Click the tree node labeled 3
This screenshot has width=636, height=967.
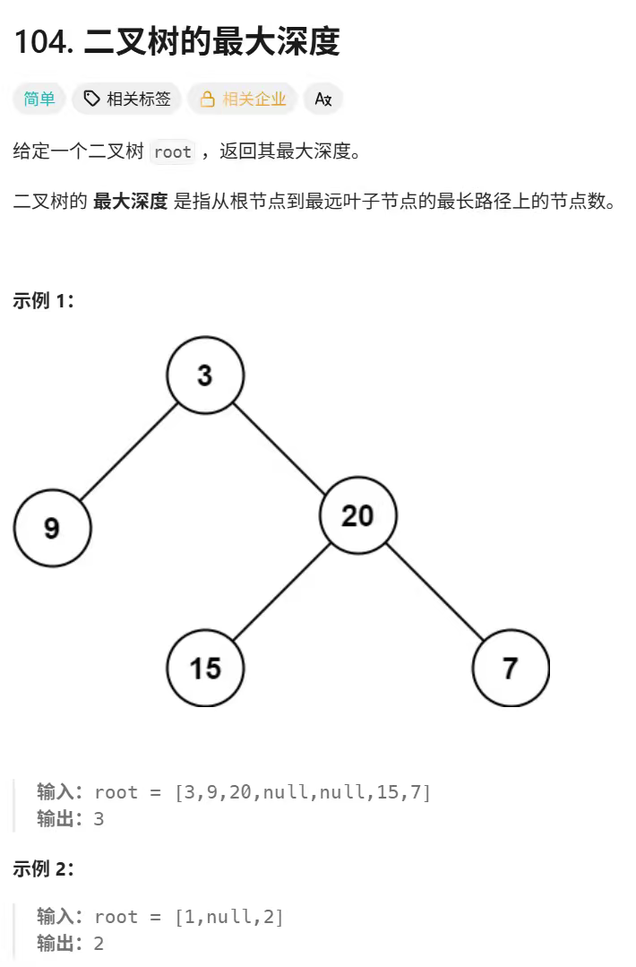click(205, 375)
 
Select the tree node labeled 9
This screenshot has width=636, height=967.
click(52, 528)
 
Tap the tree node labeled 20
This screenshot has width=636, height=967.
click(357, 515)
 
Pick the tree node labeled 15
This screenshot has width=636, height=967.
click(205, 668)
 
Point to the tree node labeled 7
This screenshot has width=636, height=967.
click(511, 668)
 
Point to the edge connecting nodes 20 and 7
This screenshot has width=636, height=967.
click(434, 591)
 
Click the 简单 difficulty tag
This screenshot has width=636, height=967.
click(39, 99)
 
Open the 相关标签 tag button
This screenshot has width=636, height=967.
click(127, 99)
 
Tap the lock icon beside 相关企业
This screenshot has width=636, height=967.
click(208, 99)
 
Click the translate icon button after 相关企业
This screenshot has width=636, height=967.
click(323, 99)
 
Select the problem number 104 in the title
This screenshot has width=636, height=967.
click(43, 41)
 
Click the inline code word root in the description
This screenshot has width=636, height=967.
click(172, 151)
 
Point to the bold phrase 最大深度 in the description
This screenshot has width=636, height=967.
click(130, 202)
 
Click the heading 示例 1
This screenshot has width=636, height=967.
click(43, 300)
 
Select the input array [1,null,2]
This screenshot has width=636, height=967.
click(228, 917)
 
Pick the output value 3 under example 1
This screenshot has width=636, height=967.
click(99, 818)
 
